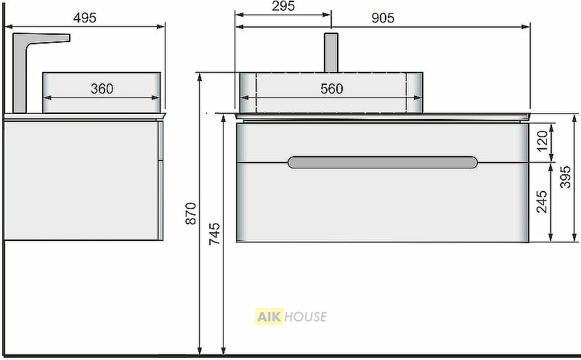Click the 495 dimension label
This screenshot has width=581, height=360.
point(85,17)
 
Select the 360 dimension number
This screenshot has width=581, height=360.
point(102,89)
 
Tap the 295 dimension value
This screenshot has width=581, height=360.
point(283,6)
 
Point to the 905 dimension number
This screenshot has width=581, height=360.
point(383,17)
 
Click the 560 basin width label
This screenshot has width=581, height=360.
point(332,89)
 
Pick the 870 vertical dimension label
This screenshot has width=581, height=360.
point(191,213)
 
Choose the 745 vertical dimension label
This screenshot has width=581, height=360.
point(214,234)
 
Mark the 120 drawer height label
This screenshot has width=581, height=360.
point(542,141)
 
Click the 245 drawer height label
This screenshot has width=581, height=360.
point(542,202)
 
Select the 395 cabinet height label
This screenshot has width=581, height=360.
point(566,177)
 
